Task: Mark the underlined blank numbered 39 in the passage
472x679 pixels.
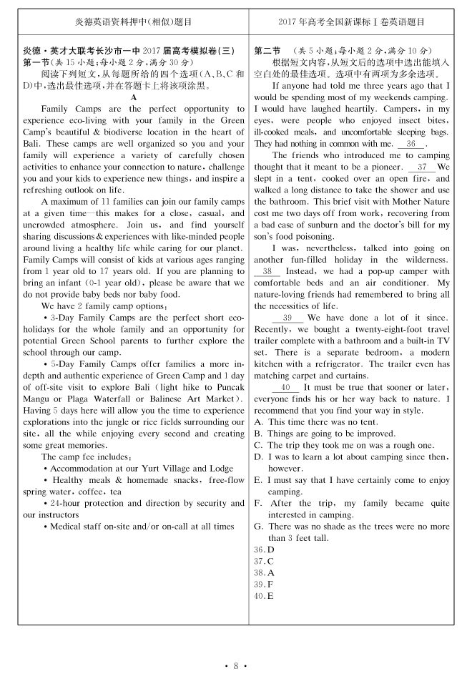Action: [287, 318]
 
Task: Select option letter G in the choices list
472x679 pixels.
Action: [258, 526]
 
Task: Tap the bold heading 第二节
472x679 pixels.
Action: [267, 51]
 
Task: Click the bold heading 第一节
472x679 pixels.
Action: [36, 62]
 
